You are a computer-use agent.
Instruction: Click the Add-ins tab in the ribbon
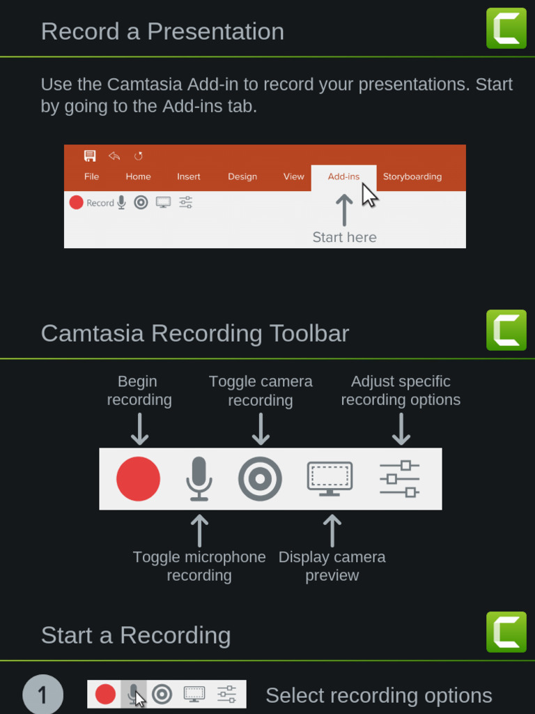point(343,176)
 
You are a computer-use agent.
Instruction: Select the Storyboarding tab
point(412,176)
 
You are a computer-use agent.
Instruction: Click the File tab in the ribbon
point(91,176)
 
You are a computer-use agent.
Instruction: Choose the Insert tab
point(188,176)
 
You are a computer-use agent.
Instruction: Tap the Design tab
point(242,176)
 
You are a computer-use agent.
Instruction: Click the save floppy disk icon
point(90,155)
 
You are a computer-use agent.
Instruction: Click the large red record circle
point(139,478)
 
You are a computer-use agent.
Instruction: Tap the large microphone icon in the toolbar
point(199,479)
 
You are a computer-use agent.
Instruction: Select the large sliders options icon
point(399,478)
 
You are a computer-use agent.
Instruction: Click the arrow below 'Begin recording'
point(139,429)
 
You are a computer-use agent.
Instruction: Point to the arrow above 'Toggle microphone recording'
point(199,531)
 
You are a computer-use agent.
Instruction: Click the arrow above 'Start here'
point(344,210)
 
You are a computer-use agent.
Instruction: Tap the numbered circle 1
point(42,694)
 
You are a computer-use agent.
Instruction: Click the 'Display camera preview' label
point(332,566)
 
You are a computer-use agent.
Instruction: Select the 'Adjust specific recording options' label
point(401,390)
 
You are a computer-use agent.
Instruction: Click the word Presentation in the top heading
point(216,31)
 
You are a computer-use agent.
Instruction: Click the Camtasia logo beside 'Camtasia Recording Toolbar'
point(506,330)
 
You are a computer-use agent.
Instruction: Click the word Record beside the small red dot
point(100,203)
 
